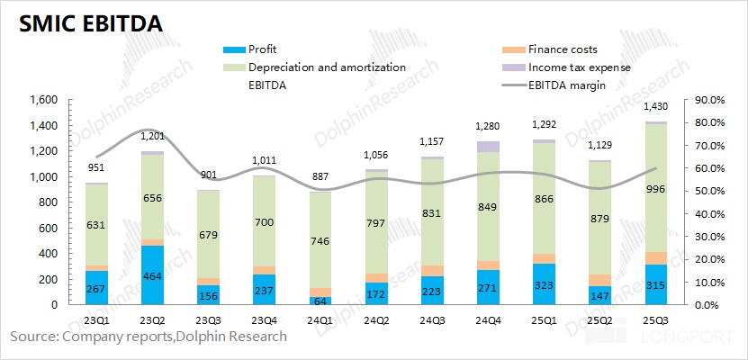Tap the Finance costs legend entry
[x=563, y=49]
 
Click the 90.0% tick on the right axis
[x=706, y=100]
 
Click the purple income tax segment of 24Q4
[x=488, y=146]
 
